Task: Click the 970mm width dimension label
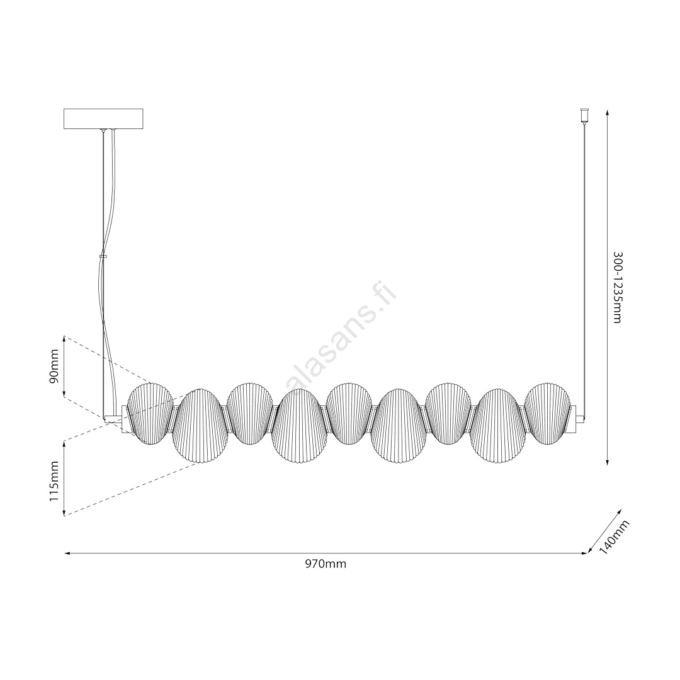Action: (x=326, y=564)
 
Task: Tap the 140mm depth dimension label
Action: (x=614, y=537)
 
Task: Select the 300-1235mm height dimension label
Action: (x=618, y=287)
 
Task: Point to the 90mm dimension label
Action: (x=54, y=366)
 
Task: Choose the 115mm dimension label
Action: (x=54, y=481)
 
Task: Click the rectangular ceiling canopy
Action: (x=103, y=118)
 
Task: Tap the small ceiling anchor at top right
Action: (x=584, y=115)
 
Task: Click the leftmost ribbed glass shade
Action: (x=150, y=414)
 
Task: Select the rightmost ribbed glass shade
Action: (x=548, y=414)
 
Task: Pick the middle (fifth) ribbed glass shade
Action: (x=349, y=414)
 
